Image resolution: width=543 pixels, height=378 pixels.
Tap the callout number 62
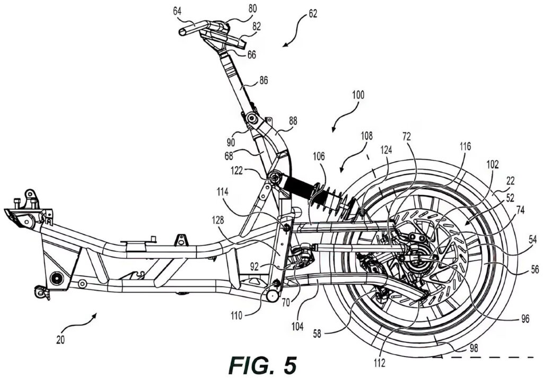[312, 15]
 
